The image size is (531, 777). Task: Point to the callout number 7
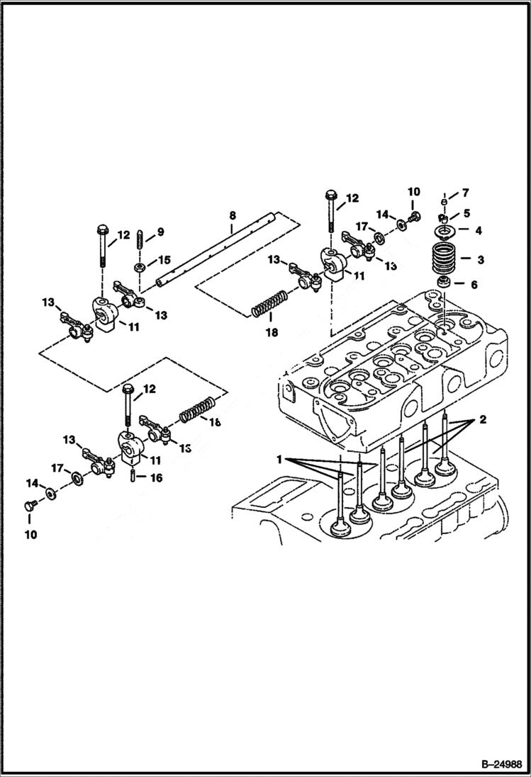465,193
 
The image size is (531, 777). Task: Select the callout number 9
160,232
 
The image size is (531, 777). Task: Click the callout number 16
156,478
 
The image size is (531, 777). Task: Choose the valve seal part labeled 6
445,284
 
